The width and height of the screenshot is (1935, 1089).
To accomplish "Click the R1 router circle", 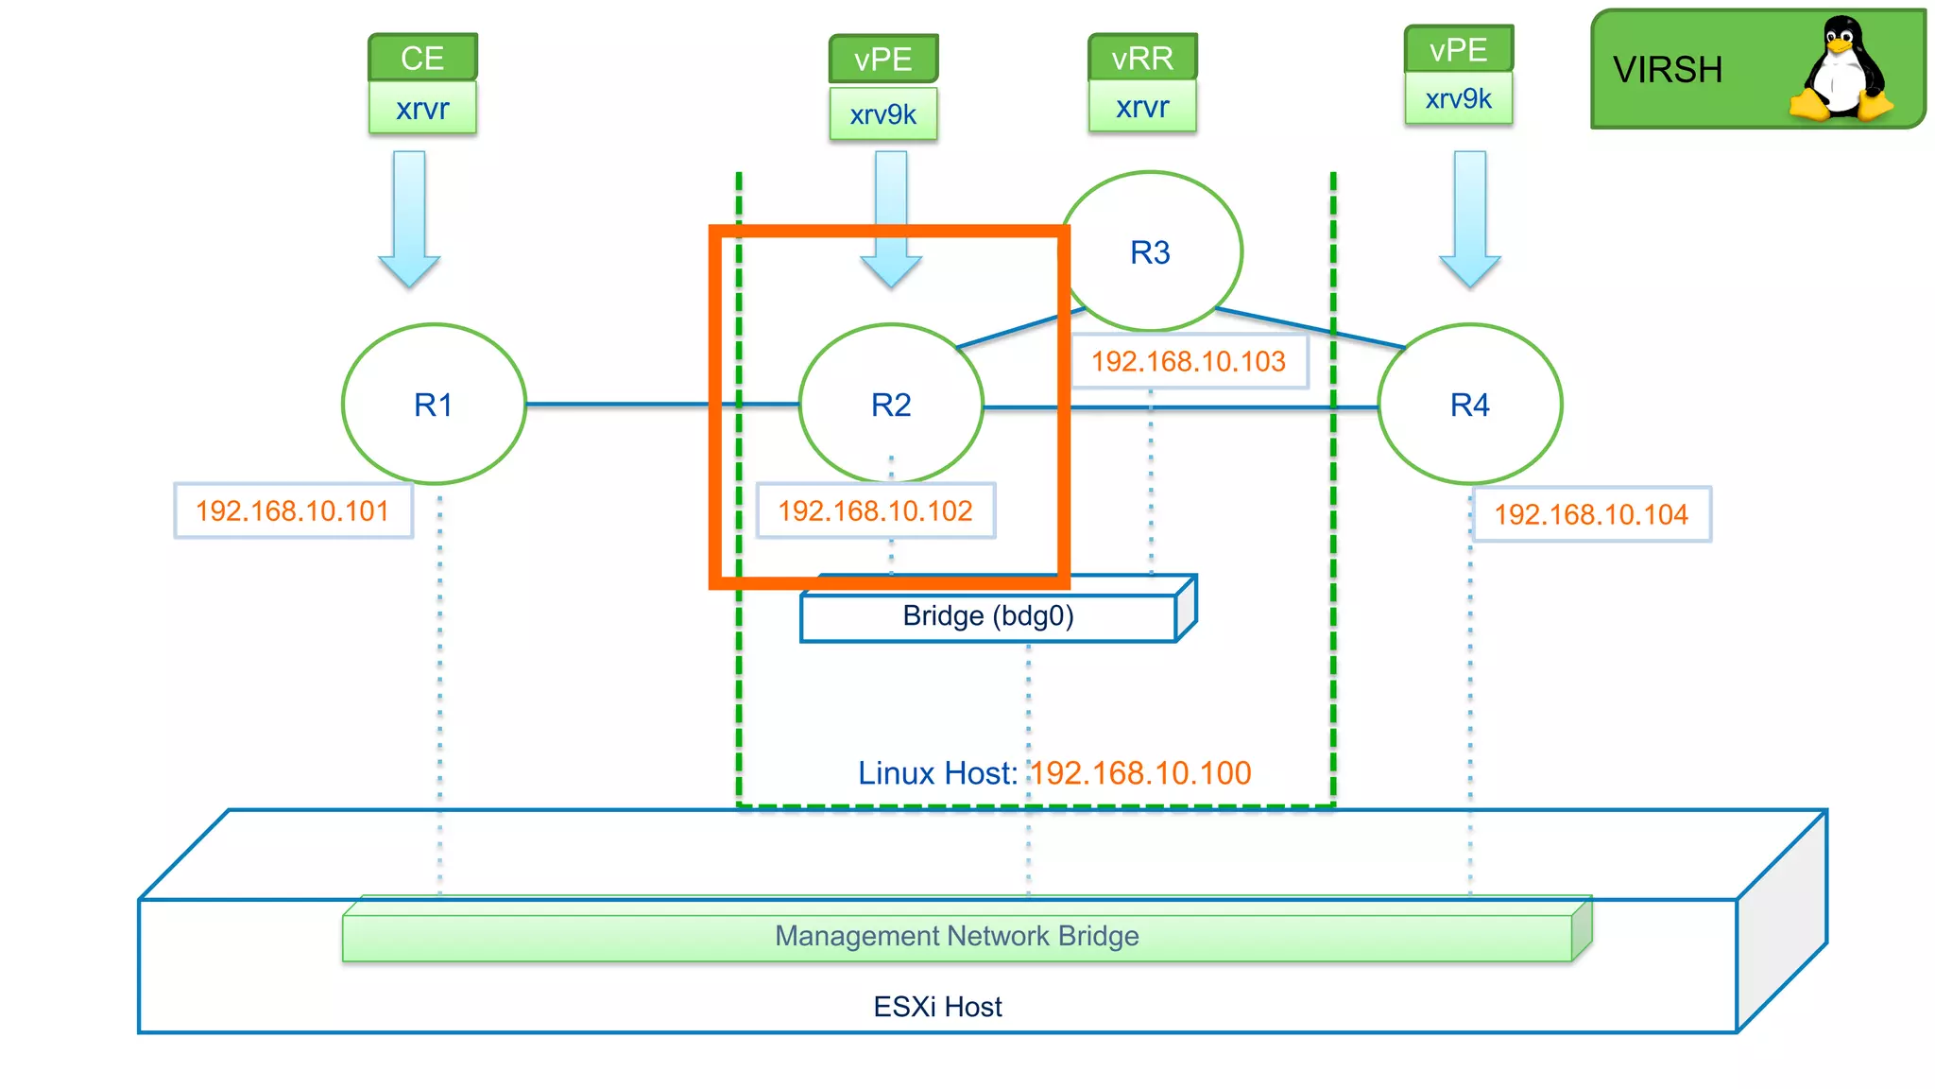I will click(x=434, y=405).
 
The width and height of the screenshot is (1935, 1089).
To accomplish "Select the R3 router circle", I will click(x=1150, y=252).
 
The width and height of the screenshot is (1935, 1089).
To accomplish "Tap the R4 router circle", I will click(x=1469, y=405).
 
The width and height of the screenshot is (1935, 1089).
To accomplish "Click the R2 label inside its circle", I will click(x=891, y=405).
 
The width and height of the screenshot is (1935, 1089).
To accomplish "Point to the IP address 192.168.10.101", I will click(x=293, y=511).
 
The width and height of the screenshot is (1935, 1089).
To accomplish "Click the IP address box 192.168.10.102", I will click(x=876, y=511).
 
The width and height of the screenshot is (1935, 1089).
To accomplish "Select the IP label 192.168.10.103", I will click(x=1189, y=361).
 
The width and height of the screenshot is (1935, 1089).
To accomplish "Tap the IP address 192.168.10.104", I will click(x=1591, y=514).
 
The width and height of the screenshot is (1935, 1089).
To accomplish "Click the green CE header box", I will click(x=422, y=58).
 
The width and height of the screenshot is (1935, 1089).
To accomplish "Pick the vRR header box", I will click(x=1142, y=58).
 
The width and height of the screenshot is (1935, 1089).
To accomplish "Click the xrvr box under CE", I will click(x=422, y=109).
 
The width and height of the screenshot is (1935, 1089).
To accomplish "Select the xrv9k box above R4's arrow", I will click(x=1458, y=98).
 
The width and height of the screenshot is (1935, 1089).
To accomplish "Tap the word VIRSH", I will click(x=1668, y=70).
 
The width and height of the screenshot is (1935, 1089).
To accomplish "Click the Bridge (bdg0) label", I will click(x=988, y=616).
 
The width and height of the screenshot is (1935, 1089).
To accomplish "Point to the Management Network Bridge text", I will click(x=956, y=936).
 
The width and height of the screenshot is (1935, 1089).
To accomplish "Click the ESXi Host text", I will click(x=937, y=1007).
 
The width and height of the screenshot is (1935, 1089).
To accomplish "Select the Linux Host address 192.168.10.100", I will click(x=1140, y=773).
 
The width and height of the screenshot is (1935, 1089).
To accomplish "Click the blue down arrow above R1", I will click(x=409, y=217).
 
